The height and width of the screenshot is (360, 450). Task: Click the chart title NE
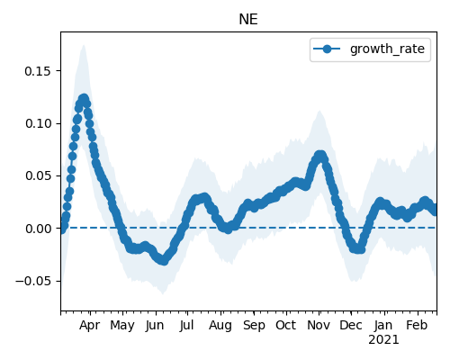248,20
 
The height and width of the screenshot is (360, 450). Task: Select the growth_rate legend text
387,49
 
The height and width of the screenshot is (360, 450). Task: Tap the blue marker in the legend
327,49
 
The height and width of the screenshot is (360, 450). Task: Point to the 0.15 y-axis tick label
39,71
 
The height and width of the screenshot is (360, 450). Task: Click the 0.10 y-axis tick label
39,123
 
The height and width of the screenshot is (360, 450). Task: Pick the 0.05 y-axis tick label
39,175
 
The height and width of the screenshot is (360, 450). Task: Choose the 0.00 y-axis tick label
39,229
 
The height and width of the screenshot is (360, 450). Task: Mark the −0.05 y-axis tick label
33,281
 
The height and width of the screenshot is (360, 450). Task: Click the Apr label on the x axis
89,326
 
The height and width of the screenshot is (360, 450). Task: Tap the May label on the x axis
122,326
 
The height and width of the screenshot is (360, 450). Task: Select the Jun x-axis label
155,326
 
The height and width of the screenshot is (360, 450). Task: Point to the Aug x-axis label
220,326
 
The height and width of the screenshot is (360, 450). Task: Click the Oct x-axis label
286,325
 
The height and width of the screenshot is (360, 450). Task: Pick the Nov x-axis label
319,325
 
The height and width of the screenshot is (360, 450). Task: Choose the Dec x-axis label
351,325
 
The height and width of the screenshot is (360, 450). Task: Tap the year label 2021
383,340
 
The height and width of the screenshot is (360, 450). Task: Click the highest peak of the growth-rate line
84,98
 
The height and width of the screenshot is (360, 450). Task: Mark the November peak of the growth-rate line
320,156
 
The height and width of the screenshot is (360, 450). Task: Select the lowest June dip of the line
163,260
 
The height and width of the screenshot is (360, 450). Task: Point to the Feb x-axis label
417,325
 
